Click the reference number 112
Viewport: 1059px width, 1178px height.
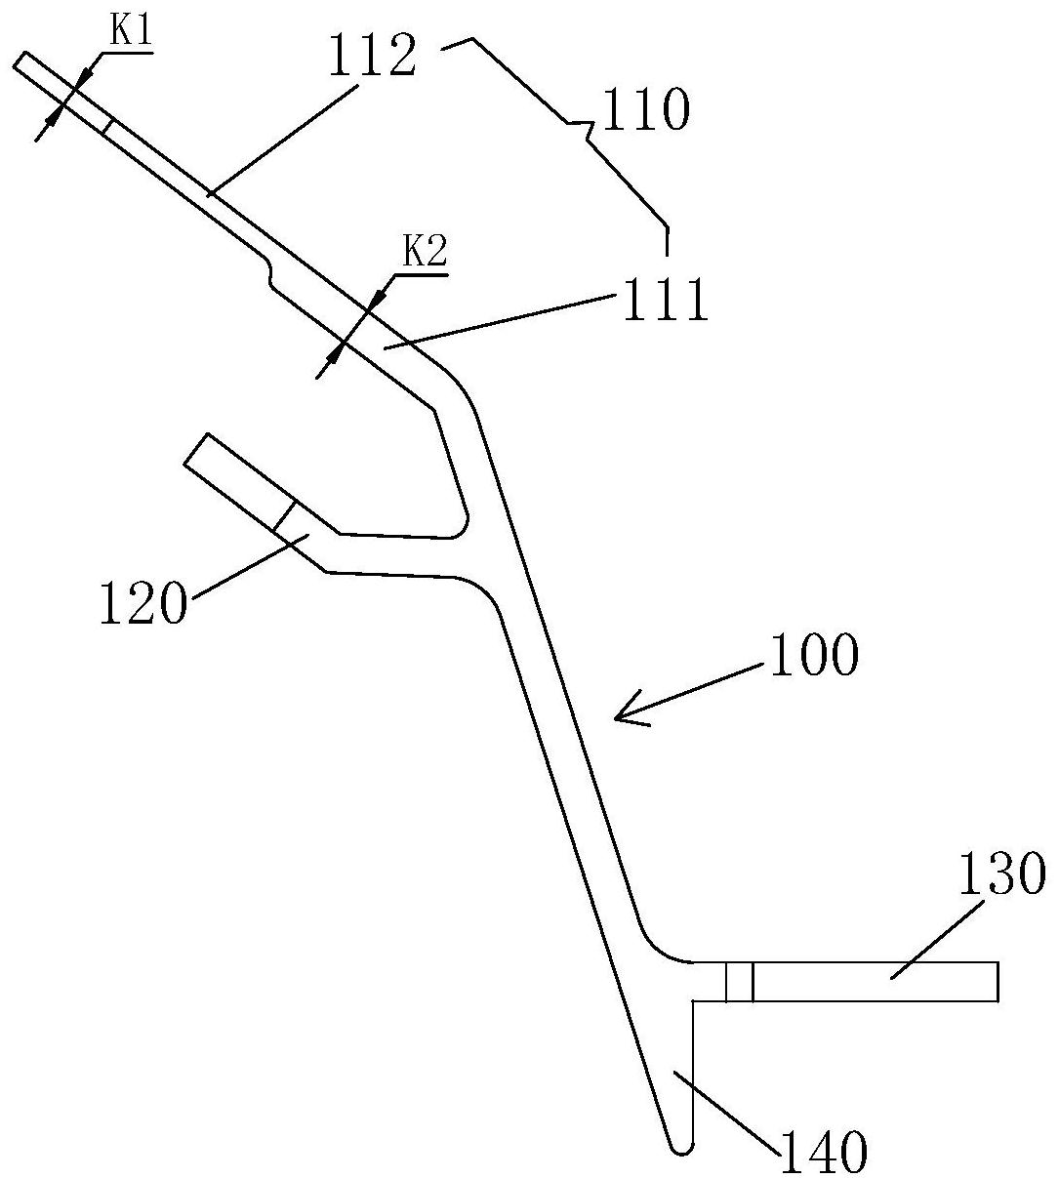click(x=373, y=55)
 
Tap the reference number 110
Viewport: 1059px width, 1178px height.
click(x=645, y=109)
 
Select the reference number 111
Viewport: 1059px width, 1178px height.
click(x=665, y=299)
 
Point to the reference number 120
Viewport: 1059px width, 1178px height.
click(x=143, y=602)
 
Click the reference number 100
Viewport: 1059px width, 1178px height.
click(x=815, y=654)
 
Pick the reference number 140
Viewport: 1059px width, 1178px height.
click(x=824, y=1151)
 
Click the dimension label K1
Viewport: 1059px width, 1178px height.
click(x=131, y=33)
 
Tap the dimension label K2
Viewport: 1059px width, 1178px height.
click(x=425, y=253)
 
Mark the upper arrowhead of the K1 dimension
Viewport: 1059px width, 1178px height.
click(x=83, y=77)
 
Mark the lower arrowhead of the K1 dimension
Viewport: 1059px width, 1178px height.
click(x=52, y=119)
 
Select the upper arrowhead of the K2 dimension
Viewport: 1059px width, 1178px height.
click(x=377, y=300)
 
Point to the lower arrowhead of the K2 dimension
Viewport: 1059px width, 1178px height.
click(x=333, y=355)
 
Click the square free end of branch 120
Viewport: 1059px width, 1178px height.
click(x=195, y=450)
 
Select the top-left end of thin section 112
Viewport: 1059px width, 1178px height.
click(x=20, y=61)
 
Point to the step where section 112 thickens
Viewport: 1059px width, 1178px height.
click(x=269, y=273)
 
